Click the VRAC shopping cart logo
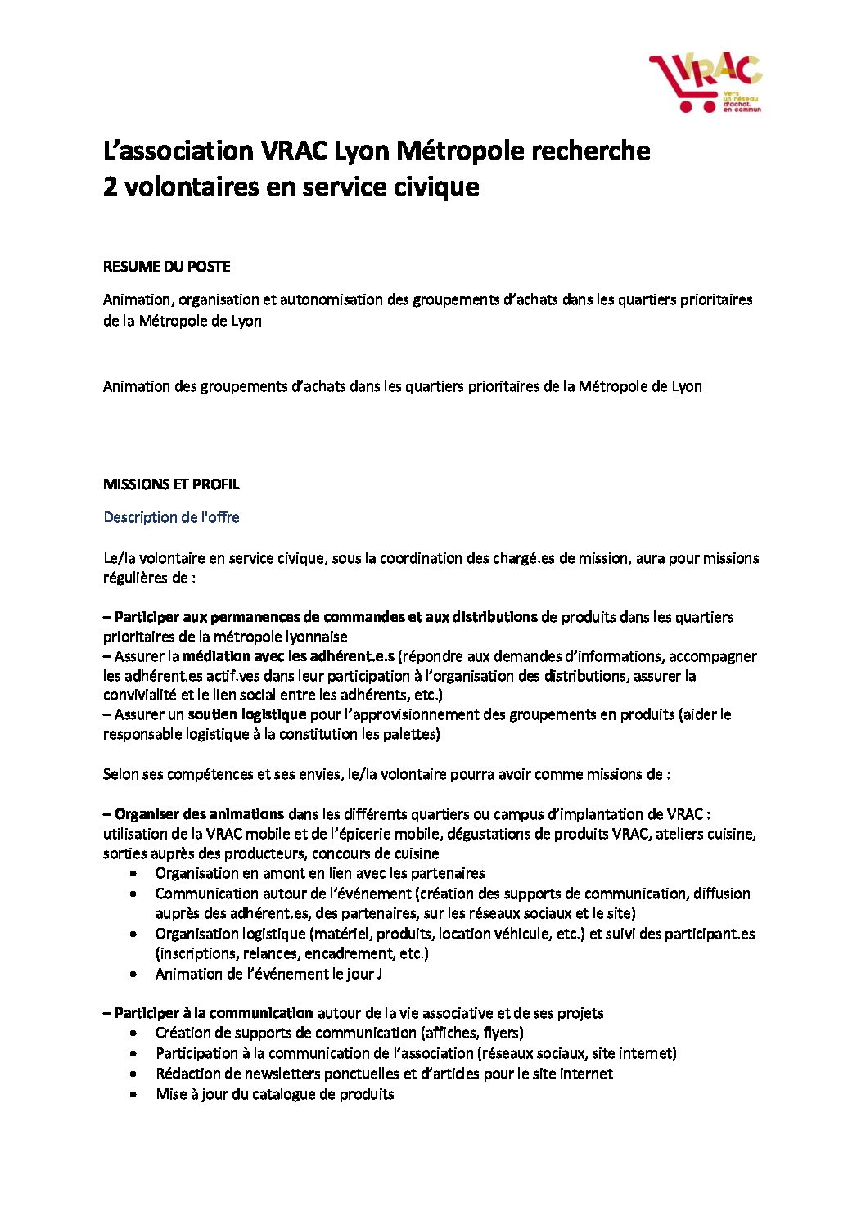[705, 83]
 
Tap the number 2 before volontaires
[110, 187]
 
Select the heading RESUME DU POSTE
[166, 267]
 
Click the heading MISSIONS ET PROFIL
[171, 484]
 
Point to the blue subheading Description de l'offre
[171, 517]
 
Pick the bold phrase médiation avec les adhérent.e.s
[288, 656]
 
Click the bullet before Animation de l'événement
[133, 975]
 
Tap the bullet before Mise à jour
[133, 1095]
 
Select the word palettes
[410, 734]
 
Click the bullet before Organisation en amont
[133, 874]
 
